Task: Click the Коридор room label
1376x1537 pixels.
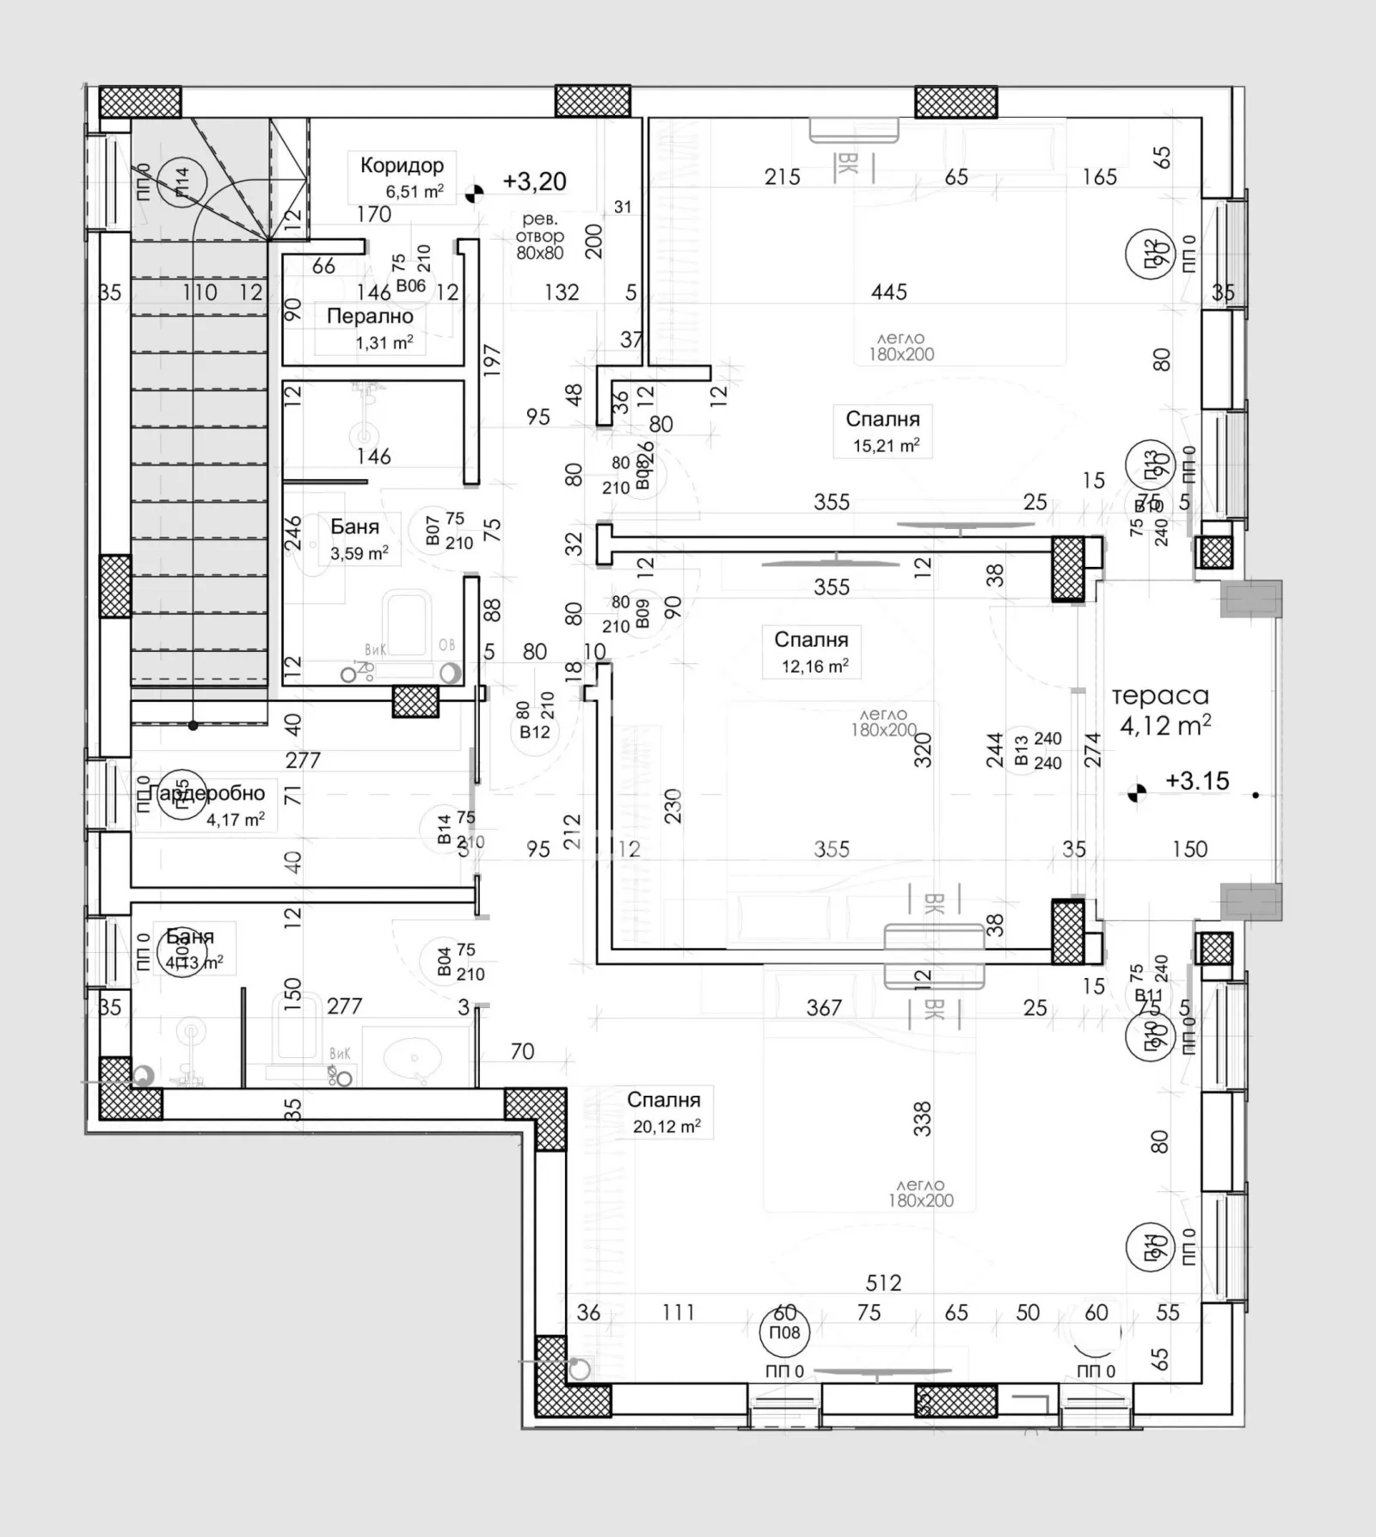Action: pos(402,165)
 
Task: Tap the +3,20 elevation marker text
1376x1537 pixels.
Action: pos(534,181)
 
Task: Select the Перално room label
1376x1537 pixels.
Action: pos(370,316)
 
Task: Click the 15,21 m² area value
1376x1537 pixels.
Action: pos(885,446)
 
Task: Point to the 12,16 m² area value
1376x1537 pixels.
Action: pos(814,666)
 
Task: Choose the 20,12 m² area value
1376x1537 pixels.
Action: pos(666,1126)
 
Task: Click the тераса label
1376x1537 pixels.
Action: pos(1159,695)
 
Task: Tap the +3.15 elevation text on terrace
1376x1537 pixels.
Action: pos(1197,781)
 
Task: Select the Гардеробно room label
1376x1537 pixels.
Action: pos(206,793)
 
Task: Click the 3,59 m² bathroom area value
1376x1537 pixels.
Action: pos(359,553)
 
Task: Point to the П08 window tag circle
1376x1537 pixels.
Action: pos(784,1332)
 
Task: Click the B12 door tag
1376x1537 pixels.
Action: pos(534,732)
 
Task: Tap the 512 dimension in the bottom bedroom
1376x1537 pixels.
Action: pos(883,1282)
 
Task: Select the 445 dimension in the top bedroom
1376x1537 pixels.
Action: pos(888,292)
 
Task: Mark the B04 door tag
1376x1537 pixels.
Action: pos(444,962)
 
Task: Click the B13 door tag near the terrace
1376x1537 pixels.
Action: pos(1021,750)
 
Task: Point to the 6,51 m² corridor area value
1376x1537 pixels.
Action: pos(415,191)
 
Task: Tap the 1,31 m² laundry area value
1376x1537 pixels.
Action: pos(384,343)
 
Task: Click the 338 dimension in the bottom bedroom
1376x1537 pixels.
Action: pos(922,1119)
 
